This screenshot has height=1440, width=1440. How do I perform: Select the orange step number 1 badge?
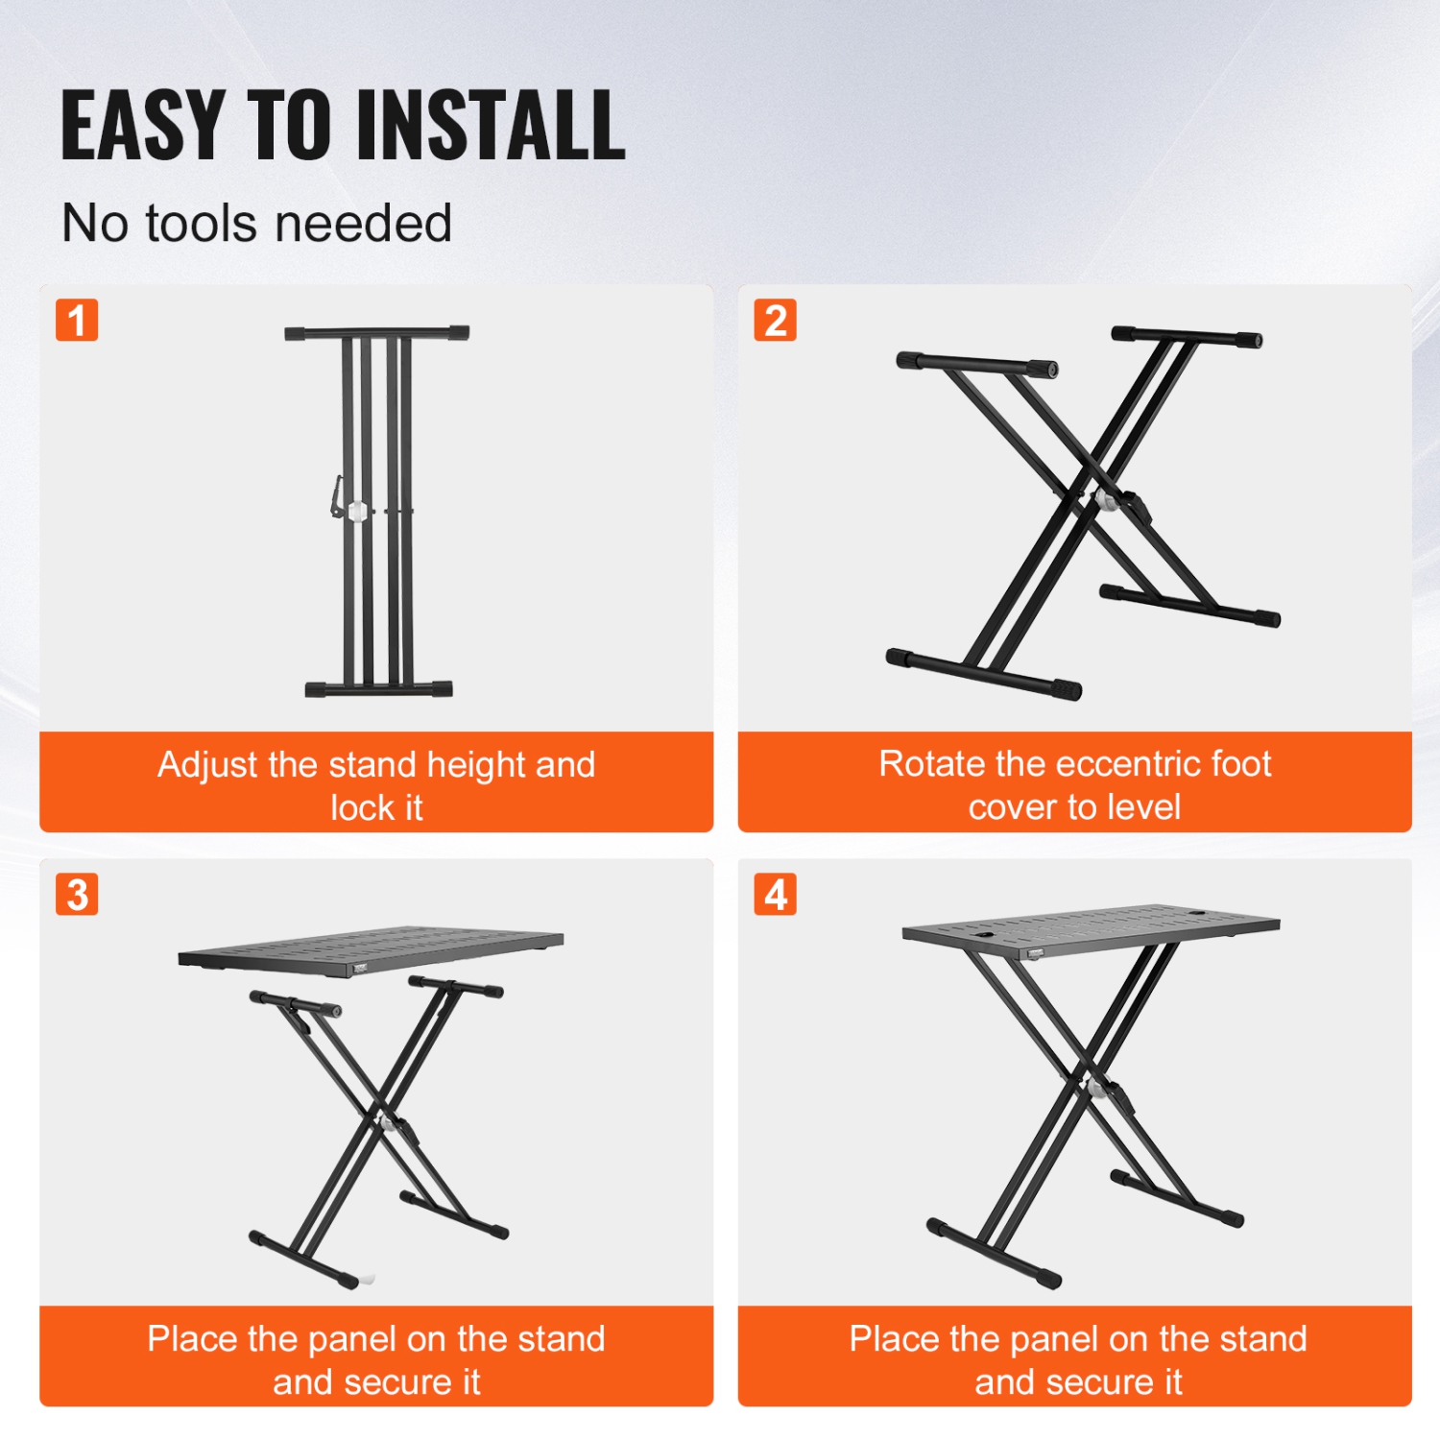[77, 320]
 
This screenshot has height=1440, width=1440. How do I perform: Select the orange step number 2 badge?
[775, 320]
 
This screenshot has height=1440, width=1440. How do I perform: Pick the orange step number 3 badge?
[77, 894]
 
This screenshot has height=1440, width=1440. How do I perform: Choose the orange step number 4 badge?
[775, 894]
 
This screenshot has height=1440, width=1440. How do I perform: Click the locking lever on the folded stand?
[337, 495]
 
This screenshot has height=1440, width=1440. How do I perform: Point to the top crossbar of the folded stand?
[376, 333]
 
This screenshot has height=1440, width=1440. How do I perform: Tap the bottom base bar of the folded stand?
[378, 688]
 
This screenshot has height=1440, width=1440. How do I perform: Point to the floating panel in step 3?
[372, 950]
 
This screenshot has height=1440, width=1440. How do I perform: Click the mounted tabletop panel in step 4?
[1091, 928]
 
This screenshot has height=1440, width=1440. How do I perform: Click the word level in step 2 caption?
[1141, 807]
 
